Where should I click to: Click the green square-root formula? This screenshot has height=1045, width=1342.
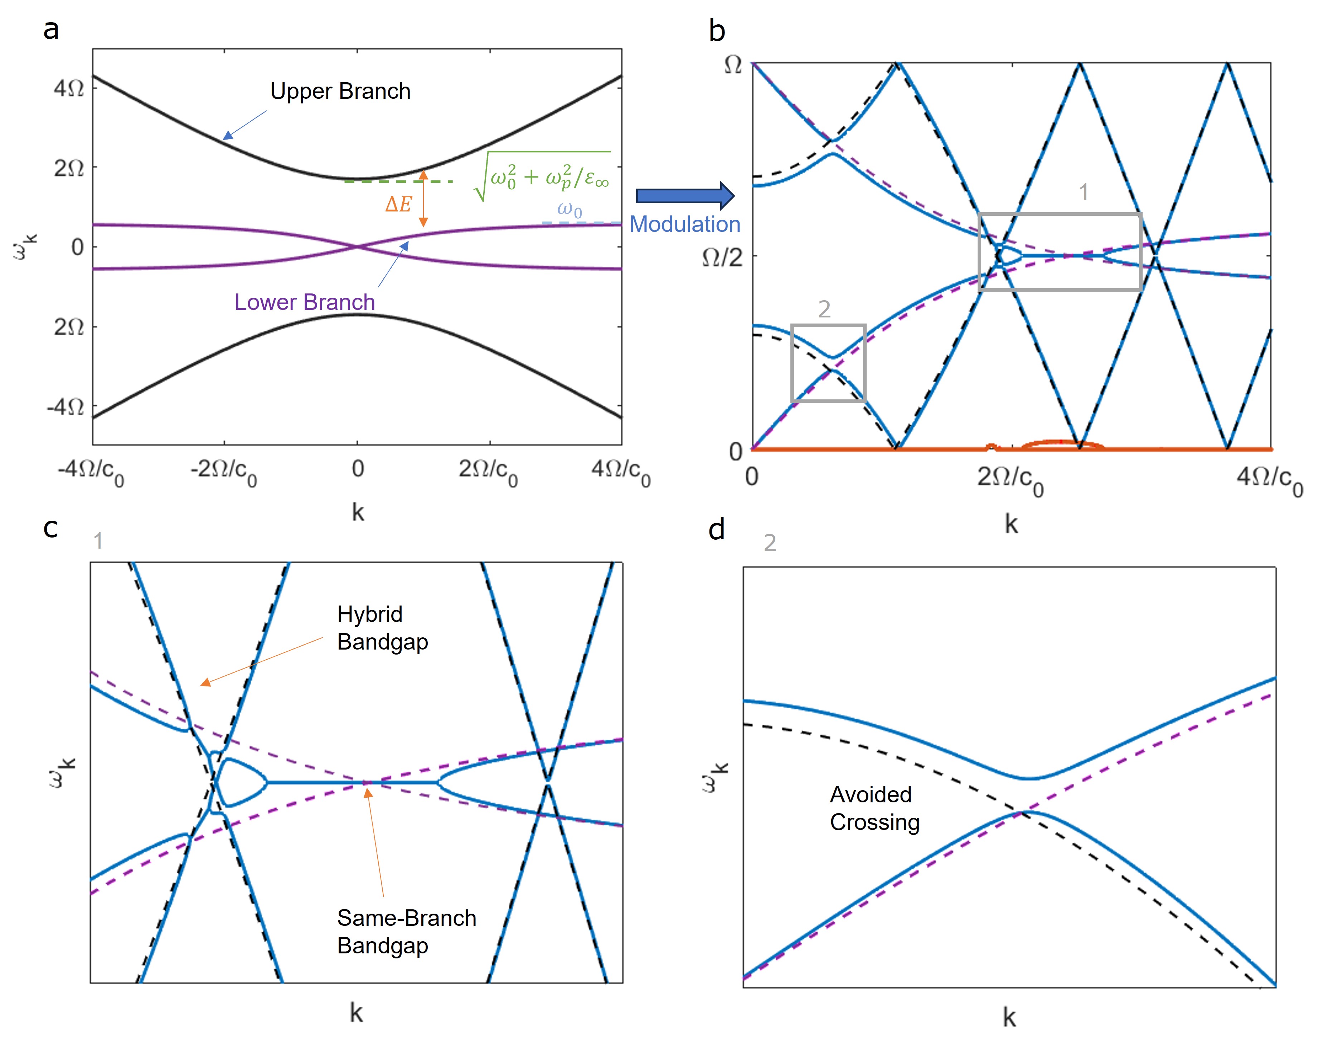[543, 177]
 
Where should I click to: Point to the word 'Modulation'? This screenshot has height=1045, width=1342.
[684, 224]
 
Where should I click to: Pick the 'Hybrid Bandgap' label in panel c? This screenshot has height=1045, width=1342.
[382, 628]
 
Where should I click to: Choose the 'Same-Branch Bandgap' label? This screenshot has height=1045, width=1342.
[406, 931]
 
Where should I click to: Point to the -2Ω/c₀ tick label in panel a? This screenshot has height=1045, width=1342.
[224, 472]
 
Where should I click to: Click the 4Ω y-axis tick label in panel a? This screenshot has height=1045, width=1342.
[69, 88]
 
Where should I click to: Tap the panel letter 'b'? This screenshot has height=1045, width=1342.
[717, 31]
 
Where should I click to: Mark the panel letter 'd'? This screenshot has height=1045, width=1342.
[717, 530]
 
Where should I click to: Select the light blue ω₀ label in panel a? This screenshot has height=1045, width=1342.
[569, 209]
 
